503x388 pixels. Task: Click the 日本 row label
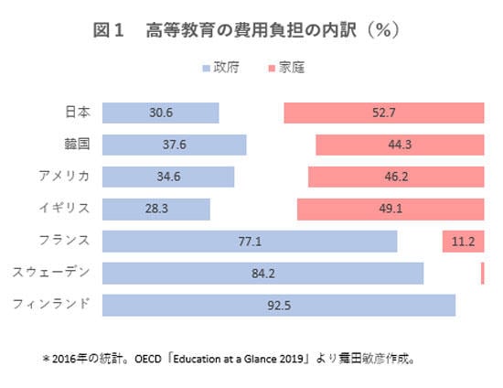click(78, 113)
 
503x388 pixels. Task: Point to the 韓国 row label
click(78, 145)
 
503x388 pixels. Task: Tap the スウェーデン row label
click(51, 273)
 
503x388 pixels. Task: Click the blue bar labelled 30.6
click(160, 113)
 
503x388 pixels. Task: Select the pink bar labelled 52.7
click(384, 113)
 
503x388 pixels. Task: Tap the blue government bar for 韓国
click(174, 145)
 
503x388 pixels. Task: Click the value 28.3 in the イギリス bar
click(156, 209)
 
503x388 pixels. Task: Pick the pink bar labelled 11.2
click(463, 242)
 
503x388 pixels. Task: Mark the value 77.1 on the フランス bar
click(250, 242)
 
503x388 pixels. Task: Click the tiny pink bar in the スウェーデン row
click(482, 274)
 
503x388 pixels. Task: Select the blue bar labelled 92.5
click(279, 306)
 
